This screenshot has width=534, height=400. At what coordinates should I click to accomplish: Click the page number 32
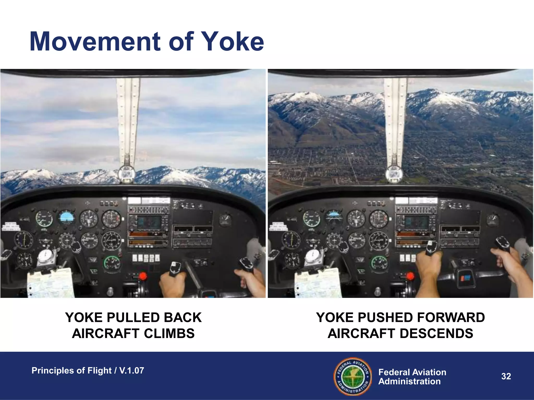(x=506, y=376)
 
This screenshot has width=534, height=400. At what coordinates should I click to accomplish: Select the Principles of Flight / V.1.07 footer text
(x=88, y=371)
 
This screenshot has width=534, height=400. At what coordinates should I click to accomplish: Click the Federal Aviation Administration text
(x=412, y=377)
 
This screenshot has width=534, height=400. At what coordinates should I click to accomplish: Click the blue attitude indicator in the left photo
(x=66, y=218)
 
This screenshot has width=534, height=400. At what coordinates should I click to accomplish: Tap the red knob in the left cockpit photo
(x=142, y=276)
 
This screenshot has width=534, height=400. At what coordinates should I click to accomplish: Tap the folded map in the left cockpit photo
(x=51, y=284)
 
